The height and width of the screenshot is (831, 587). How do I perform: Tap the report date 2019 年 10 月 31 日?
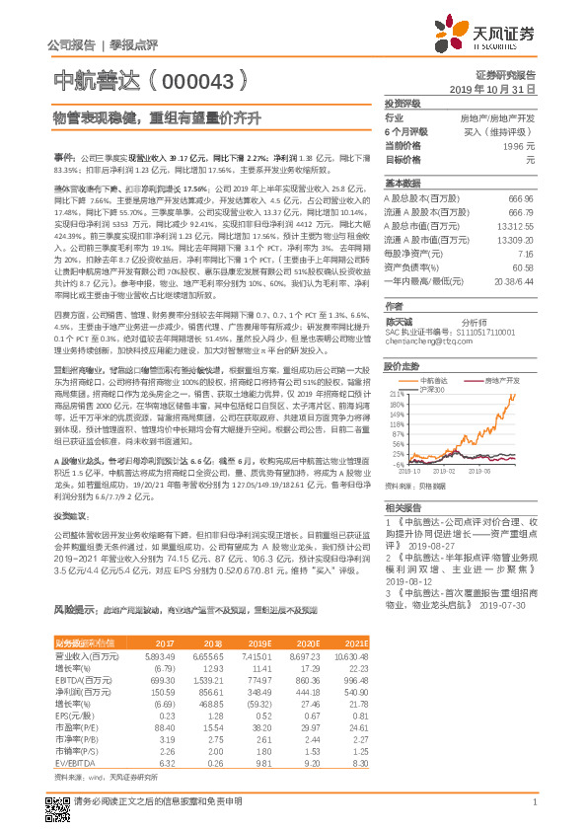498,89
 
